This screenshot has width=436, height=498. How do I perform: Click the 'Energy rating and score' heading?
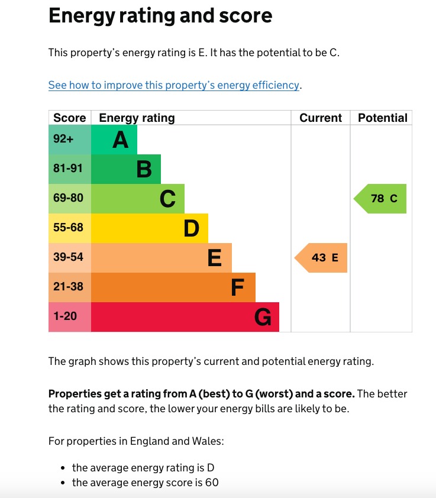(160, 16)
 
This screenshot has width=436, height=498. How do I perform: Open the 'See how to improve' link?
(174, 85)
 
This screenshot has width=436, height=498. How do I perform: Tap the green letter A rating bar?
(114, 140)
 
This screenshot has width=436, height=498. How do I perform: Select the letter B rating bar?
(126, 169)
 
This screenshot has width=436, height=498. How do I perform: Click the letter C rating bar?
(138, 199)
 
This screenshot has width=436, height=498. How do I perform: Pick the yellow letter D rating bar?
(150, 228)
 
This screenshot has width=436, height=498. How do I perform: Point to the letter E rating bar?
(162, 258)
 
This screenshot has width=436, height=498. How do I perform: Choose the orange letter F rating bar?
(173, 287)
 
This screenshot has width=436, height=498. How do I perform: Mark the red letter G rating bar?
(185, 317)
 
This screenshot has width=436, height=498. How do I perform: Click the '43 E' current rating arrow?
(322, 258)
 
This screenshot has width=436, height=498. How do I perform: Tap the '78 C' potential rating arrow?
(382, 199)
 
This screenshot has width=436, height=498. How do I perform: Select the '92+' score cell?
(70, 140)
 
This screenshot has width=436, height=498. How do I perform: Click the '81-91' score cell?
(70, 169)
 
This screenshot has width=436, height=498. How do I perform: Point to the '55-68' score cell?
(70, 228)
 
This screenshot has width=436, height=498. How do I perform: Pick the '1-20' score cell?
(70, 317)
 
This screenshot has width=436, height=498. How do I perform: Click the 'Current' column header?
(321, 118)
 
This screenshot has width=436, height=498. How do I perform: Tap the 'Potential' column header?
(382, 118)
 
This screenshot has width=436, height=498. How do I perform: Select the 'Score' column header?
(70, 118)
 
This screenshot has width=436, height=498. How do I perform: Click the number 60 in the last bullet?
(212, 483)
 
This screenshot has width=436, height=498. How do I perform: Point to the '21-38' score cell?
(70, 287)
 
